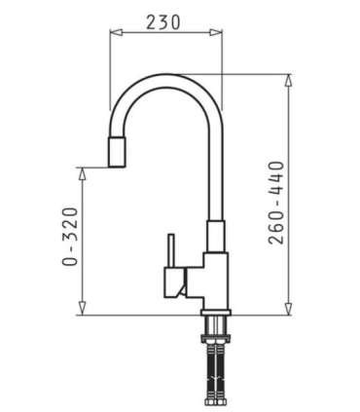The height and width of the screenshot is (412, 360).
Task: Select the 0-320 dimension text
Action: click(x=68, y=237)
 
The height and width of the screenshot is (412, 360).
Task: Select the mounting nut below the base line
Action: click(x=215, y=327)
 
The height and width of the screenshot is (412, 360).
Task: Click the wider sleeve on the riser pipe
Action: click(x=215, y=236)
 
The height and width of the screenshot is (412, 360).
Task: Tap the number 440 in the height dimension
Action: click(x=277, y=175)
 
